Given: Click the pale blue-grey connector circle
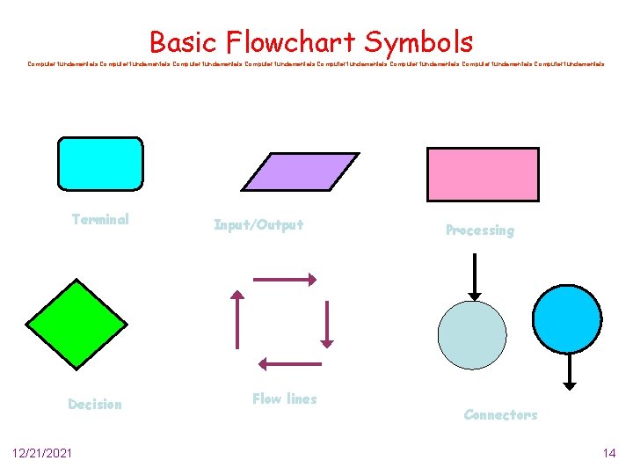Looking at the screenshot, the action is point(472,334).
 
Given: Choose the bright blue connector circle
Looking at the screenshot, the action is point(568,318).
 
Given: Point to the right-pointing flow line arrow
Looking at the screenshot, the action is point(284,279).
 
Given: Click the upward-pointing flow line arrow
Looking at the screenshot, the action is point(236,320).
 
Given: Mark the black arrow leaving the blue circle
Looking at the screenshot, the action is point(569,371).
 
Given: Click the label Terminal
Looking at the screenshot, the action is point(100,220).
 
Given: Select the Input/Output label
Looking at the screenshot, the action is point(258,225).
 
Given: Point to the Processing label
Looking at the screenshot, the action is point(479,230).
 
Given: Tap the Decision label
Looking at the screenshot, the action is point(95,405).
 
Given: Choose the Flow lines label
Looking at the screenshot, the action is point(284,399).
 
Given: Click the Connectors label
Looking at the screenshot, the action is point(500,414).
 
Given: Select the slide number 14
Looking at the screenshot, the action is point(608,453).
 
